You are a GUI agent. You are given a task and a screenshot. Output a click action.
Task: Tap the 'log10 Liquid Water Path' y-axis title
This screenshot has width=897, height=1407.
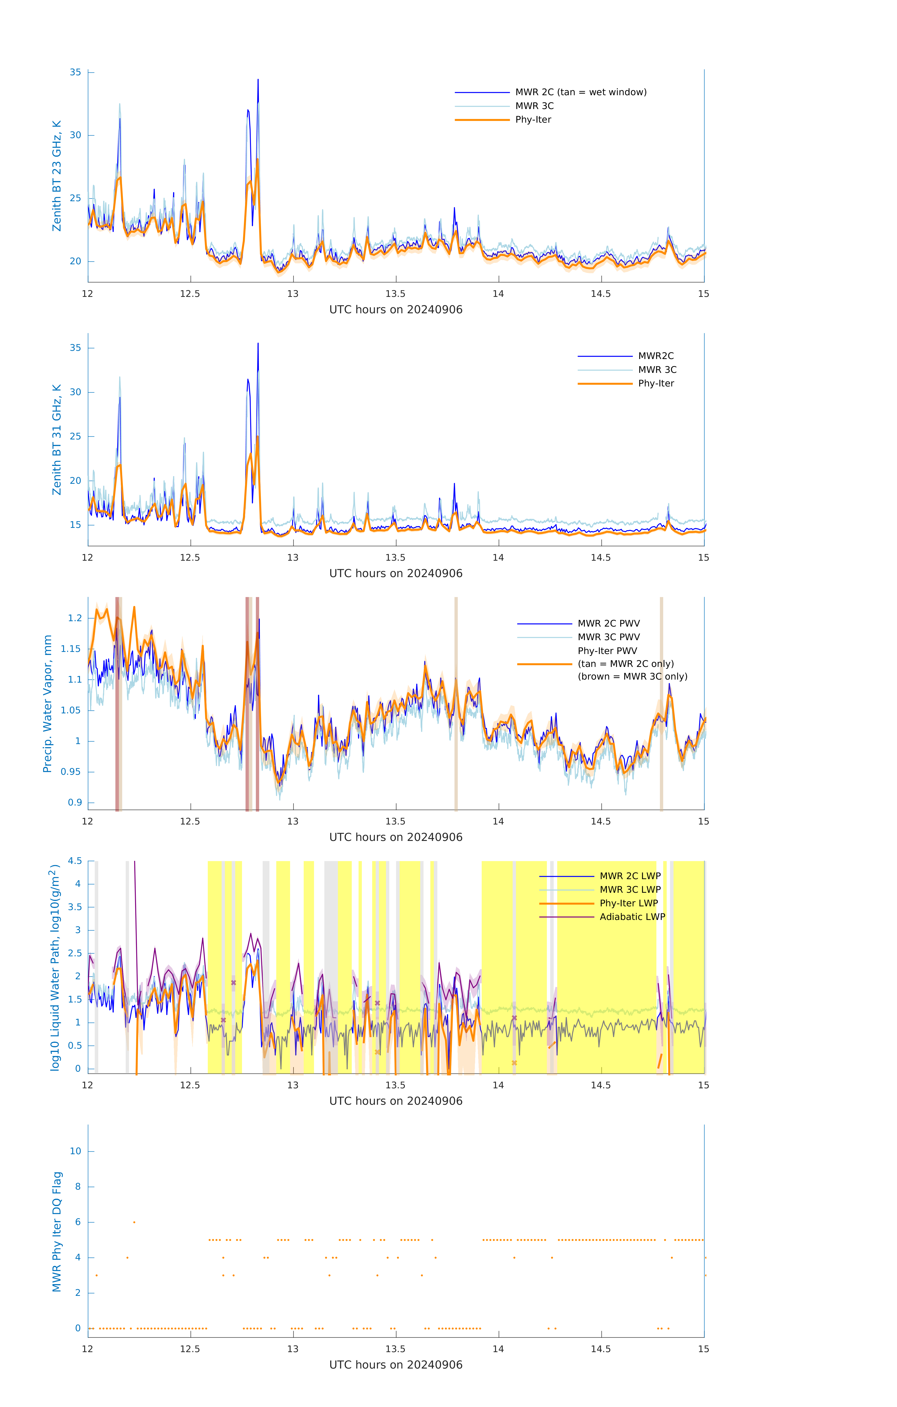54,967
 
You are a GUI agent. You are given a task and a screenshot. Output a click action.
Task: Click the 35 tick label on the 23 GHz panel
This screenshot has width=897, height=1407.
75,72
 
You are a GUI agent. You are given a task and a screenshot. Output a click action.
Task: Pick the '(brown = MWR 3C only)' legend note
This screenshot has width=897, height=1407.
632,677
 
